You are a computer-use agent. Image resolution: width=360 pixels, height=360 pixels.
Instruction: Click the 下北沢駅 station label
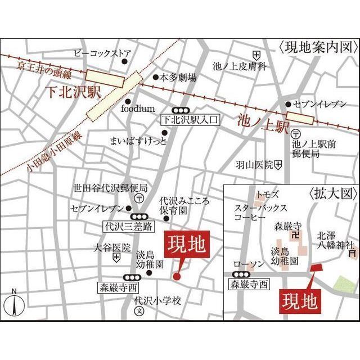point(71,92)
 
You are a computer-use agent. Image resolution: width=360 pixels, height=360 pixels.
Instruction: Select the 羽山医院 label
point(254,165)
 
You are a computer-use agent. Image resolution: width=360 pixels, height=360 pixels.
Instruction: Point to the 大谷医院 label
point(111,247)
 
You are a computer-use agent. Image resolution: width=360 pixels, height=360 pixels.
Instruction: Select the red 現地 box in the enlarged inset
point(299,300)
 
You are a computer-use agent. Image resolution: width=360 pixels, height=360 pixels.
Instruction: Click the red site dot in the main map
point(177,276)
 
